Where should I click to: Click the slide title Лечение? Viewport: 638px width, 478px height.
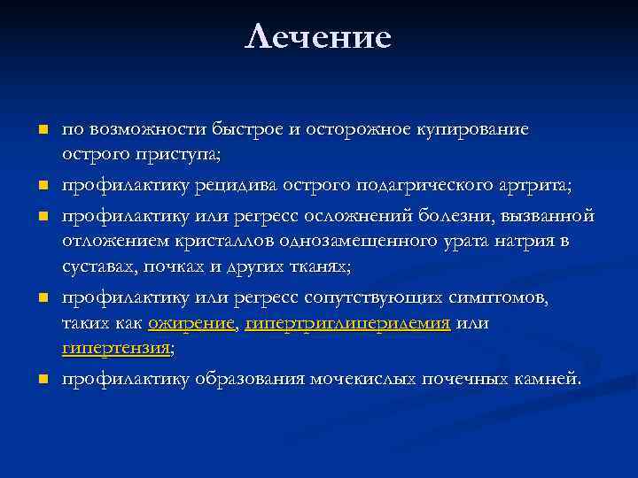(x=318, y=37)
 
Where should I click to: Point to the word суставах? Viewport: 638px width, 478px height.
(x=93, y=265)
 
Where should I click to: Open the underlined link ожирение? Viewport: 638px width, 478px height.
(x=191, y=324)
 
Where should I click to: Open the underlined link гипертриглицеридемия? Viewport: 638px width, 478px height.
(x=348, y=324)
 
